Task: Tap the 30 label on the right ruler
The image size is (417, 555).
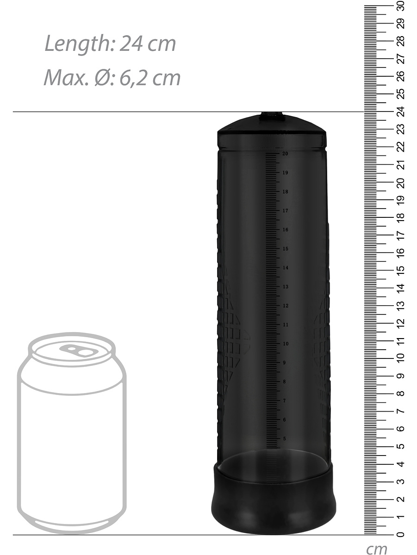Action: point(401,6)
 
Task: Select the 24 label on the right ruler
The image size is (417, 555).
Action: point(401,111)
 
